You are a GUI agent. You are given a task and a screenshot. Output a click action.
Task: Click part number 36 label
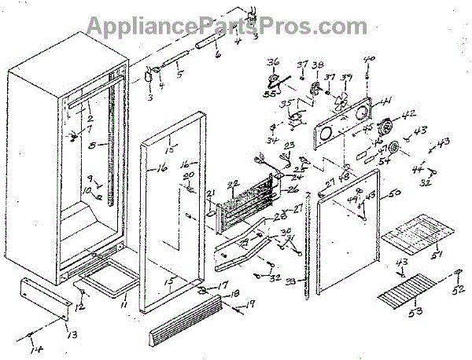[x=273, y=63]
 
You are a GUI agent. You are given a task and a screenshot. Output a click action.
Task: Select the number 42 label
[x=407, y=114]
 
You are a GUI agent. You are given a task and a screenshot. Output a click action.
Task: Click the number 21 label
[x=210, y=193]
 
